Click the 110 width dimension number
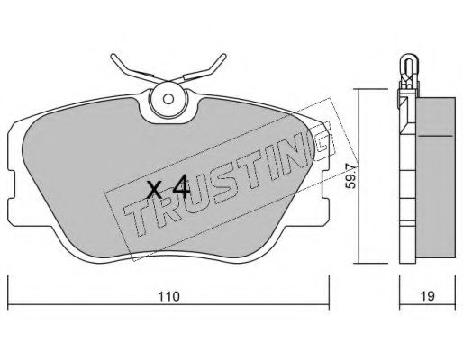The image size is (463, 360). [168, 296]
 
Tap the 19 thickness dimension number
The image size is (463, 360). [427, 296]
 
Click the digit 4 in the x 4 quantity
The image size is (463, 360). [181, 188]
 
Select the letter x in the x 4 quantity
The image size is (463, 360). [155, 190]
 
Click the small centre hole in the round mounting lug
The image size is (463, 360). [168, 98]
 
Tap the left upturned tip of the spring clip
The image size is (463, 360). [113, 56]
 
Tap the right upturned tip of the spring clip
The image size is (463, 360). [223, 56]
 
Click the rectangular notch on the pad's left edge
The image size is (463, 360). [11, 184]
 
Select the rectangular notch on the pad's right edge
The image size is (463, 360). [325, 184]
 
